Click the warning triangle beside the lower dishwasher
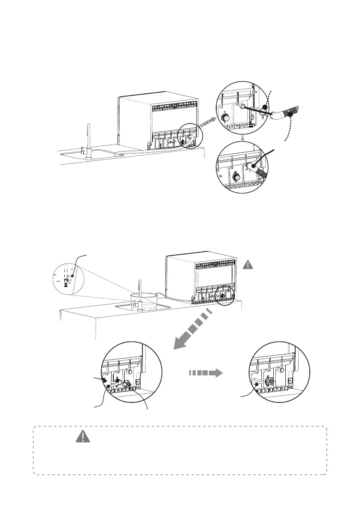(249, 265)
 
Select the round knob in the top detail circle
(224, 118)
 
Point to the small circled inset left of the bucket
(67, 279)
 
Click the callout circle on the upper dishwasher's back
(187, 136)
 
